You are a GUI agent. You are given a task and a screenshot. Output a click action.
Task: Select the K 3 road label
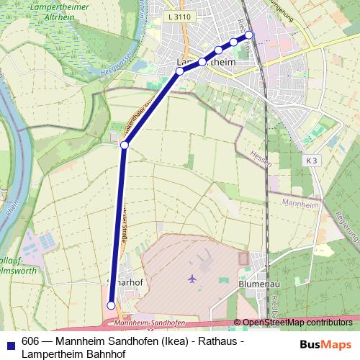(x=312, y=159)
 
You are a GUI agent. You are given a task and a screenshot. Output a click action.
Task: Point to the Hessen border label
(x=262, y=158)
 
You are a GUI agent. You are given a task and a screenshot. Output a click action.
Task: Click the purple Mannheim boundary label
(x=302, y=204)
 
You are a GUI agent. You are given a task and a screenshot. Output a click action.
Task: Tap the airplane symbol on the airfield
(x=192, y=277)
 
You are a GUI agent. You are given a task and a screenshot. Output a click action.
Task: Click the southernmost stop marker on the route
(x=111, y=305)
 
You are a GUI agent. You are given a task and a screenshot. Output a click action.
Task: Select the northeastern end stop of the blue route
(x=249, y=35)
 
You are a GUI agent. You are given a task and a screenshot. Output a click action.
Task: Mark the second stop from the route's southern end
(x=124, y=145)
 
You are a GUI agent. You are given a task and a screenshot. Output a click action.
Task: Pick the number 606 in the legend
(x=31, y=341)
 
